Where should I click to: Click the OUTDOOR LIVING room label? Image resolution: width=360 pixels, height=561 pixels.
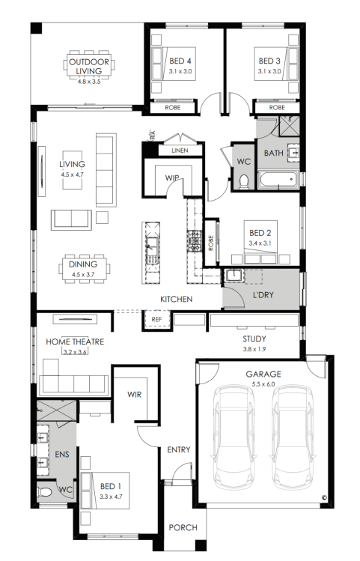89,66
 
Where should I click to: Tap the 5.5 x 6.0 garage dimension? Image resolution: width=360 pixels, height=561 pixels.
263,384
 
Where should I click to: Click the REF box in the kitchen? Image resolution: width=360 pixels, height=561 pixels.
156,320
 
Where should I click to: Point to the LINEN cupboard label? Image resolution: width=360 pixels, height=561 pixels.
180,151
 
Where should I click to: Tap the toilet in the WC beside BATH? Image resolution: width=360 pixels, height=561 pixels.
244,181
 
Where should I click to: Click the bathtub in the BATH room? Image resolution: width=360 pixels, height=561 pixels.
278,179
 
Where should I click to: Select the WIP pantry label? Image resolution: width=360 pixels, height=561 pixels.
172,178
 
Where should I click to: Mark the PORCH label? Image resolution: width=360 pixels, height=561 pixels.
183,527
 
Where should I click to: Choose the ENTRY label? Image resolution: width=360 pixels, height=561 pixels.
179,449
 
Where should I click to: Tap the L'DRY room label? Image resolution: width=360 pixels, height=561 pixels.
263,295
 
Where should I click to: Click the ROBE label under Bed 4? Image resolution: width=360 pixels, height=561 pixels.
173,107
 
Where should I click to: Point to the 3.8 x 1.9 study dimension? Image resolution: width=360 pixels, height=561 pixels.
254,349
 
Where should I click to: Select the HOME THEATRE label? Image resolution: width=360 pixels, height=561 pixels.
75,342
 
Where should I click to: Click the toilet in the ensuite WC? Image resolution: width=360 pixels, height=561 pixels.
45,492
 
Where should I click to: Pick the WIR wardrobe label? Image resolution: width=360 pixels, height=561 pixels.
135,394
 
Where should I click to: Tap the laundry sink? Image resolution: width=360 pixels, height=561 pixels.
234,275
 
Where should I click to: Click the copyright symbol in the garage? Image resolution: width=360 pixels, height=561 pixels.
324,497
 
